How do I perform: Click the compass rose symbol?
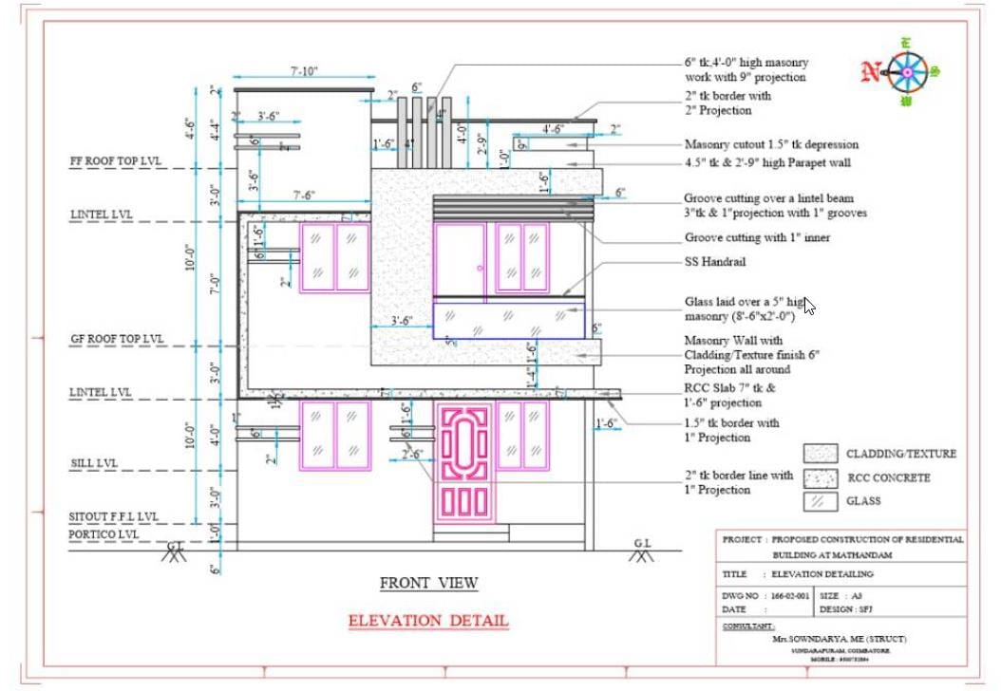point(909,71)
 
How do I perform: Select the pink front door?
point(464,461)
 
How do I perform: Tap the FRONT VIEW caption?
point(429,583)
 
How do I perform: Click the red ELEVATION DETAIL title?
point(428,621)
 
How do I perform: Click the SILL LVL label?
point(94,463)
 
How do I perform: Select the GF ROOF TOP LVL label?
point(117,339)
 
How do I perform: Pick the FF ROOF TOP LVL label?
point(116,161)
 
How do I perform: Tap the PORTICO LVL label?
point(104,534)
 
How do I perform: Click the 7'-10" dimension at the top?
point(304,71)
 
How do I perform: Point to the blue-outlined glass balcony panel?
point(509,318)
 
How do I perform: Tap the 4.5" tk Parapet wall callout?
point(767,162)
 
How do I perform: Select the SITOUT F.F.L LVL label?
point(113,516)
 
